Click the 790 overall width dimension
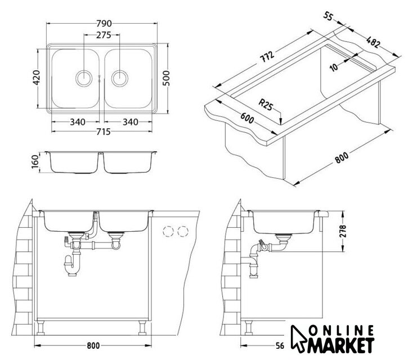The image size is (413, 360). point(104,24)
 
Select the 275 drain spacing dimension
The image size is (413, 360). point(104,35)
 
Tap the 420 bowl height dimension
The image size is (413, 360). point(36,78)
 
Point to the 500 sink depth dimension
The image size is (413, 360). point(166,78)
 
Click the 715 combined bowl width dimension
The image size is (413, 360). point(103,132)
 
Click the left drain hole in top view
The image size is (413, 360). point(84,79)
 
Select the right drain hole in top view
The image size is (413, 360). point(120,79)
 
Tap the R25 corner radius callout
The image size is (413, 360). point(265,105)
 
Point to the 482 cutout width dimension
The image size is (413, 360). point(373,42)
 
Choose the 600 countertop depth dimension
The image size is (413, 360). point(247,118)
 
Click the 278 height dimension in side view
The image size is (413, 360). point(343,231)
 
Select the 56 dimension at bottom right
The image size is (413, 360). point(281,345)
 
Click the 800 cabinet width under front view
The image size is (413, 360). point(93,345)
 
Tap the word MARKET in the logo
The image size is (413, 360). point(341,345)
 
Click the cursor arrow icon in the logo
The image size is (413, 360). point(298,339)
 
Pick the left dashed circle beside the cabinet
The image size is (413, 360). point(168,232)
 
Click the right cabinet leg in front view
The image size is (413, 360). point(142,327)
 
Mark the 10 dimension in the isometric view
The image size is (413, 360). point(334,67)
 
